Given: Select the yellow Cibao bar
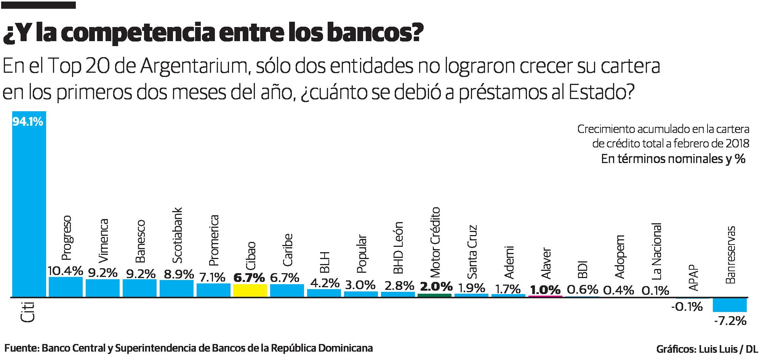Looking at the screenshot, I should pos(250,290).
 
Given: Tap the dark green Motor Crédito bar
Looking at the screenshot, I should pos(435,295).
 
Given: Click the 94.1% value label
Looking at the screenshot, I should pos(28,122).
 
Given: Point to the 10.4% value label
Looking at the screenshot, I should pos(66,271).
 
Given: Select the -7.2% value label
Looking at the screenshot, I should pos(730,321).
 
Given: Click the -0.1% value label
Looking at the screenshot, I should pos(687,306).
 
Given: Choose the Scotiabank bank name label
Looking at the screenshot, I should pos(177,235).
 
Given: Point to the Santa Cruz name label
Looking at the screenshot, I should pos(472,251).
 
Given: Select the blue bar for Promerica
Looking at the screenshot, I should pos(213,290).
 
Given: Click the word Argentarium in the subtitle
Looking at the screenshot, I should pos(194,67).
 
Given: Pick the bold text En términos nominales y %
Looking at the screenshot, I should pos(673,159).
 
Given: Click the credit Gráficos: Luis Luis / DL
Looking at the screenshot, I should pos(707,349).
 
